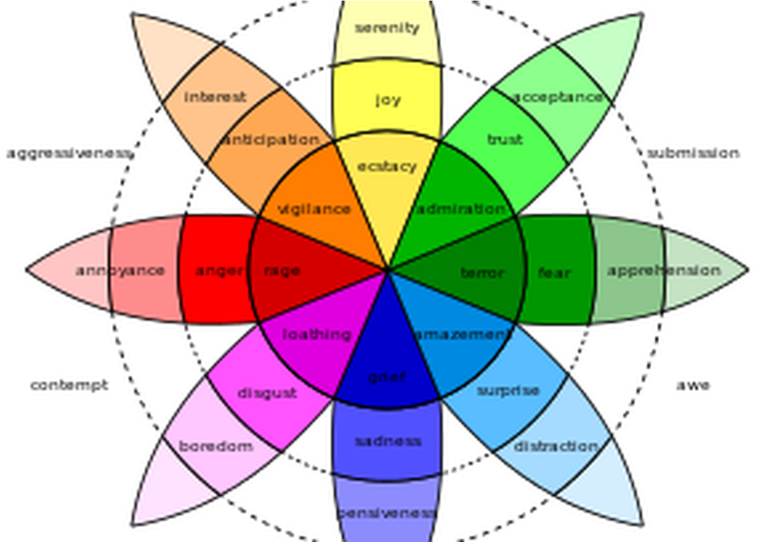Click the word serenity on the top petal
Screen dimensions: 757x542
387,28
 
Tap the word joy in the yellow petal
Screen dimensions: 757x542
388,100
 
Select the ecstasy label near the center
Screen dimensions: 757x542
387,167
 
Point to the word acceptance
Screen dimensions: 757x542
558,97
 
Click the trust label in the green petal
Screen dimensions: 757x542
505,140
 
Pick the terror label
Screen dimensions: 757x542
482,273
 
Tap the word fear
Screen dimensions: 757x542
554,273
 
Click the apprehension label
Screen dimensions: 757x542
664,271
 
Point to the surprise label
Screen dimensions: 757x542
508,391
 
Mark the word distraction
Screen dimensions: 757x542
556,447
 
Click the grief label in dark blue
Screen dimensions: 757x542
386,377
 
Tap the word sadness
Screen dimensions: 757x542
388,441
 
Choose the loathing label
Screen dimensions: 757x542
317,335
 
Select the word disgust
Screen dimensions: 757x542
267,394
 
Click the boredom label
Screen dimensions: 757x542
216,447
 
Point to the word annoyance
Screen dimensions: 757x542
120,271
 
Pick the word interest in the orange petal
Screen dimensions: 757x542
215,97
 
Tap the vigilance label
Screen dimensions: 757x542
313,209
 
